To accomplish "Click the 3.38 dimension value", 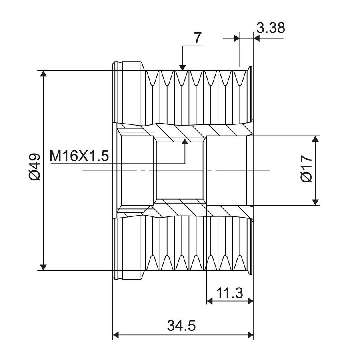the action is click(x=271, y=28).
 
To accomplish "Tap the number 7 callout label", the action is click(x=198, y=38).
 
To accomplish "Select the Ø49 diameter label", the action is click(x=35, y=167).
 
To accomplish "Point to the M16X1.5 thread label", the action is click(x=79, y=156).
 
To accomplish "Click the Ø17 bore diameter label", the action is click(x=306, y=169).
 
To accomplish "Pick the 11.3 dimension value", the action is click(x=229, y=293).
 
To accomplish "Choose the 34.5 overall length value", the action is click(x=181, y=326).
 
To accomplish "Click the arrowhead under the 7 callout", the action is click(x=182, y=68).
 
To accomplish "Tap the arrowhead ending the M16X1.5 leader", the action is click(x=185, y=142).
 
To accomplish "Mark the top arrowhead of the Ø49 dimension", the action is click(x=43, y=74).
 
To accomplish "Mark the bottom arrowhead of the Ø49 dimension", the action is click(x=43, y=268).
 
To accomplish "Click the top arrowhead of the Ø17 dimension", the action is click(x=316, y=139).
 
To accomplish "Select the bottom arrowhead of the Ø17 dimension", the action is click(x=316, y=202).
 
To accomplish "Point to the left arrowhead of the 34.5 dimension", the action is click(x=116, y=335).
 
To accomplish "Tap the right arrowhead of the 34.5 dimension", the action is click(x=250, y=335).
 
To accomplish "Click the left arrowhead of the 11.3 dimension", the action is click(x=210, y=301).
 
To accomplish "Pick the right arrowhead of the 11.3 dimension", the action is click(x=250, y=301).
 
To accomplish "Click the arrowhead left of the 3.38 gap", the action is click(x=237, y=38).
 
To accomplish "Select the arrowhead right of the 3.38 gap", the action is click(x=256, y=38).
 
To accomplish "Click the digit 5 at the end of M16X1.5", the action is click(x=105, y=156).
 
